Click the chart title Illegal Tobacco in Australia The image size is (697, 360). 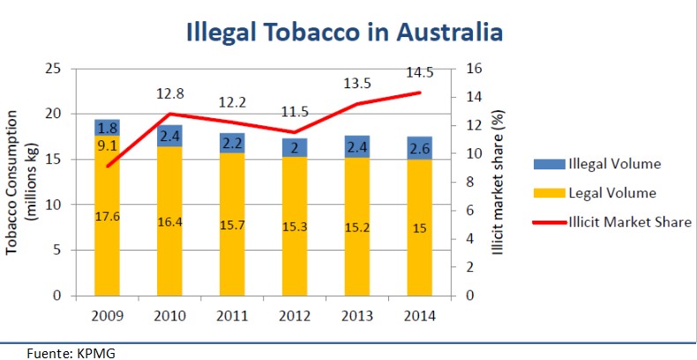(344, 33)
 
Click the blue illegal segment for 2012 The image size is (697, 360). (295, 146)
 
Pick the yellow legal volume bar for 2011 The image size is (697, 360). (232, 225)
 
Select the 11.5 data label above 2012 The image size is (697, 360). (296, 112)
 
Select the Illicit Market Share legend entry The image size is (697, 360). (612, 221)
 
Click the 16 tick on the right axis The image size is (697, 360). (474, 69)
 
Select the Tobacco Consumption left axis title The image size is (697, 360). (21, 182)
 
